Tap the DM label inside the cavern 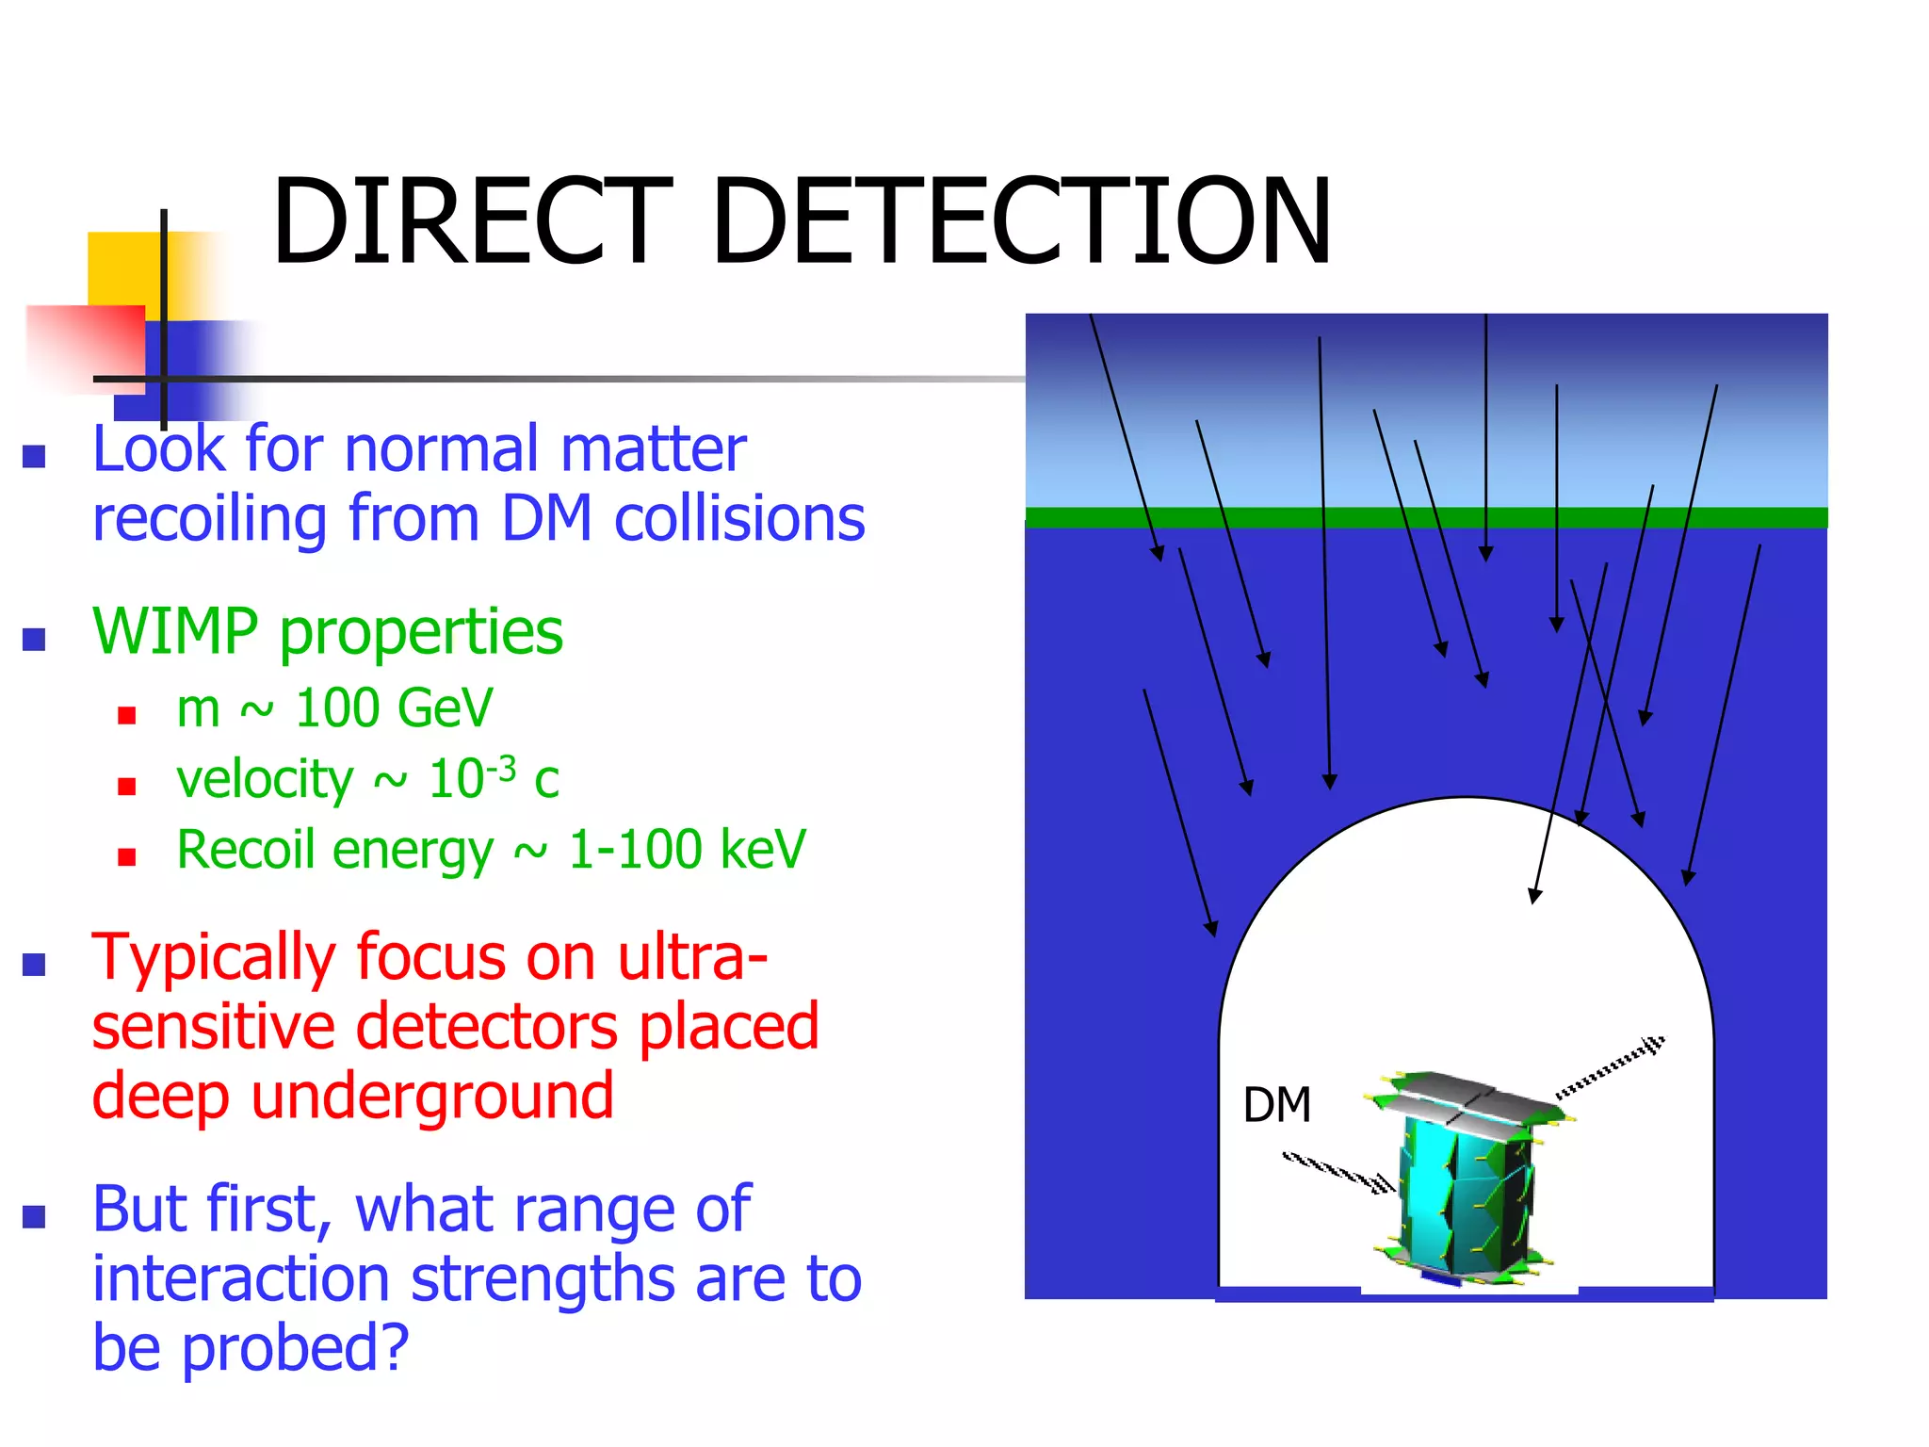pyautogui.click(x=1276, y=1104)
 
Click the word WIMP pyautogui.click(x=174, y=631)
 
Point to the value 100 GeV pyautogui.click(x=394, y=708)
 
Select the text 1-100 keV pyautogui.click(x=688, y=850)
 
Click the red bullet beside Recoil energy pyautogui.click(x=127, y=856)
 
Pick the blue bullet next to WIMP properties pyautogui.click(x=35, y=640)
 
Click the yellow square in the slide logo pyautogui.click(x=122, y=268)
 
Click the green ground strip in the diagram pyautogui.click(x=1426, y=517)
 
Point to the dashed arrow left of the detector pyautogui.click(x=1337, y=1172)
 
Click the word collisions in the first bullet pyautogui.click(x=738, y=519)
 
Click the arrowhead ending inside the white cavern pyautogui.click(x=1534, y=895)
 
